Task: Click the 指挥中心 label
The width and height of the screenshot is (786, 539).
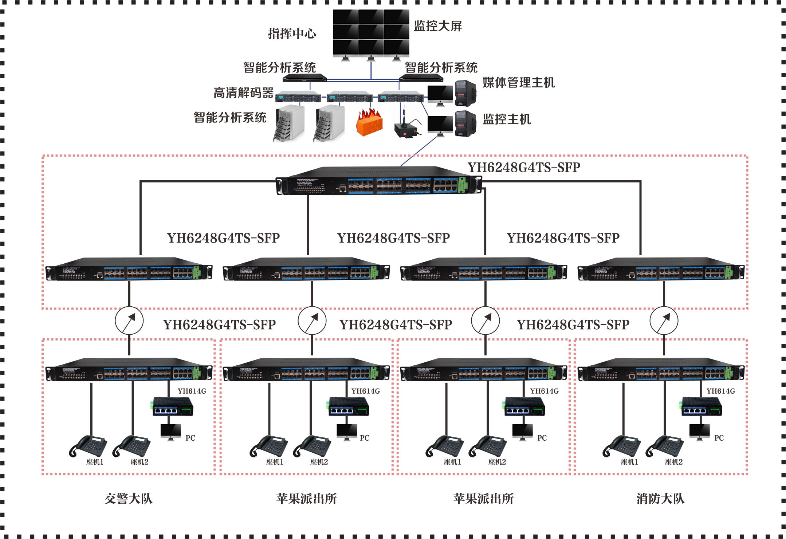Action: coord(292,34)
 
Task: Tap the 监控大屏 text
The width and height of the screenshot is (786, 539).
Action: coord(438,26)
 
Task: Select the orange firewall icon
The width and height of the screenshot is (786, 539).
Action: coord(369,123)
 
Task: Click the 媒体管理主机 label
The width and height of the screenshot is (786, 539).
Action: coord(519,83)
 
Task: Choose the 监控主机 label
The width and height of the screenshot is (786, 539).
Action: coord(507,119)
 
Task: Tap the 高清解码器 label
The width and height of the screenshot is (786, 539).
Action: coord(243,93)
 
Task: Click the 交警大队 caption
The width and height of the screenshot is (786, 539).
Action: coord(128,498)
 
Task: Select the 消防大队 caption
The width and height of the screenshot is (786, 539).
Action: coord(660,498)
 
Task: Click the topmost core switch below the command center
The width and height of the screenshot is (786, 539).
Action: coord(379,181)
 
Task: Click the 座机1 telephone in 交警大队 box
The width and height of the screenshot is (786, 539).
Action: coord(88,446)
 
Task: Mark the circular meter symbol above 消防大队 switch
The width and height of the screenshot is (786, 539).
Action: coord(664,321)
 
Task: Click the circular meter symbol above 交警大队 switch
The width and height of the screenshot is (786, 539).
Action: coord(129,321)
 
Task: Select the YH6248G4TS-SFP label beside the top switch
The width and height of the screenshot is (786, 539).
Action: coord(524,168)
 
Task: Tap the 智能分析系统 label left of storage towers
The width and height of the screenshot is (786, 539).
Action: coord(230,118)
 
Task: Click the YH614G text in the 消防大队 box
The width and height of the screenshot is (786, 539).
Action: coord(720,391)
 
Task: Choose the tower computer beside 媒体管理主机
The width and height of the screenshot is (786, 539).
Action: coord(465,93)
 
